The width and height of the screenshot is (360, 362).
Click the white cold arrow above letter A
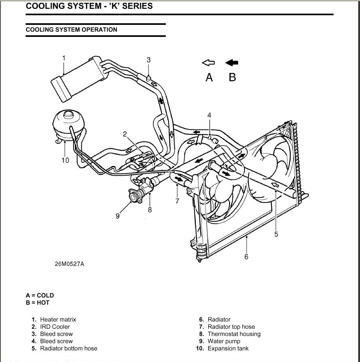click(x=208, y=63)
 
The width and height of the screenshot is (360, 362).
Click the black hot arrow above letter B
click(x=232, y=63)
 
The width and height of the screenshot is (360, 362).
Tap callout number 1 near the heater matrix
click(x=63, y=58)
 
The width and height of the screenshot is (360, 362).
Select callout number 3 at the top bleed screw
click(x=149, y=60)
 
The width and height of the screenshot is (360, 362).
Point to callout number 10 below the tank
click(x=65, y=160)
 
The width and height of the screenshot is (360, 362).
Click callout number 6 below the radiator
click(x=246, y=257)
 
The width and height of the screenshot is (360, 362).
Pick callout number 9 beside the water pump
click(x=118, y=216)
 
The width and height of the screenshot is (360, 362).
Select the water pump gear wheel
click(x=133, y=196)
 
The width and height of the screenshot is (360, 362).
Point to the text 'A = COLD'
click(x=40, y=295)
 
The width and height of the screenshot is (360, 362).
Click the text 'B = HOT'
click(x=38, y=303)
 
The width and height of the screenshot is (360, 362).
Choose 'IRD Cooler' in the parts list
click(x=55, y=327)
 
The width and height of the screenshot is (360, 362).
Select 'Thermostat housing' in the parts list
click(x=234, y=334)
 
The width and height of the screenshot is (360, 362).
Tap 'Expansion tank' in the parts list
click(x=228, y=348)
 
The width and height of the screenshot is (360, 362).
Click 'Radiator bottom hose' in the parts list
click(x=68, y=348)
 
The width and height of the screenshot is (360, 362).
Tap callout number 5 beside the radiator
click(x=276, y=234)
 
